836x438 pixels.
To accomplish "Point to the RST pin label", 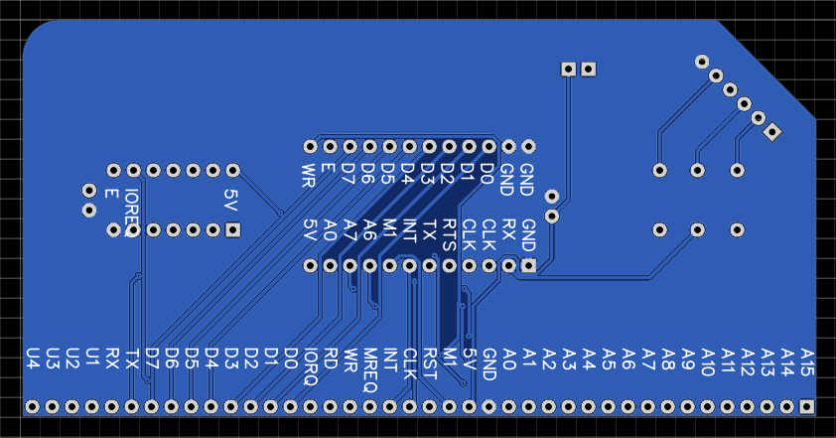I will pos(430,359).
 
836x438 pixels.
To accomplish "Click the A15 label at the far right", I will pos(807,361).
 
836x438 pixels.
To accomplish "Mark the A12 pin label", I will pos(748,361).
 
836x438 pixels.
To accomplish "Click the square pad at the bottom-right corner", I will pos(807,406).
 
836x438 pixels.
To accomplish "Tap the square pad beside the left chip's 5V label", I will pos(233,230).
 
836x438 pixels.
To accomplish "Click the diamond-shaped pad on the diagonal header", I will pos(772,131).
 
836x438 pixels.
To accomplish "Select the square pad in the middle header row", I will pos(529,265).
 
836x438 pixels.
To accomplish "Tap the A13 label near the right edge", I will pos(767,361).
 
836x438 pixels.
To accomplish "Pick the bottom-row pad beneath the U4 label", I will pos(33,406).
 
